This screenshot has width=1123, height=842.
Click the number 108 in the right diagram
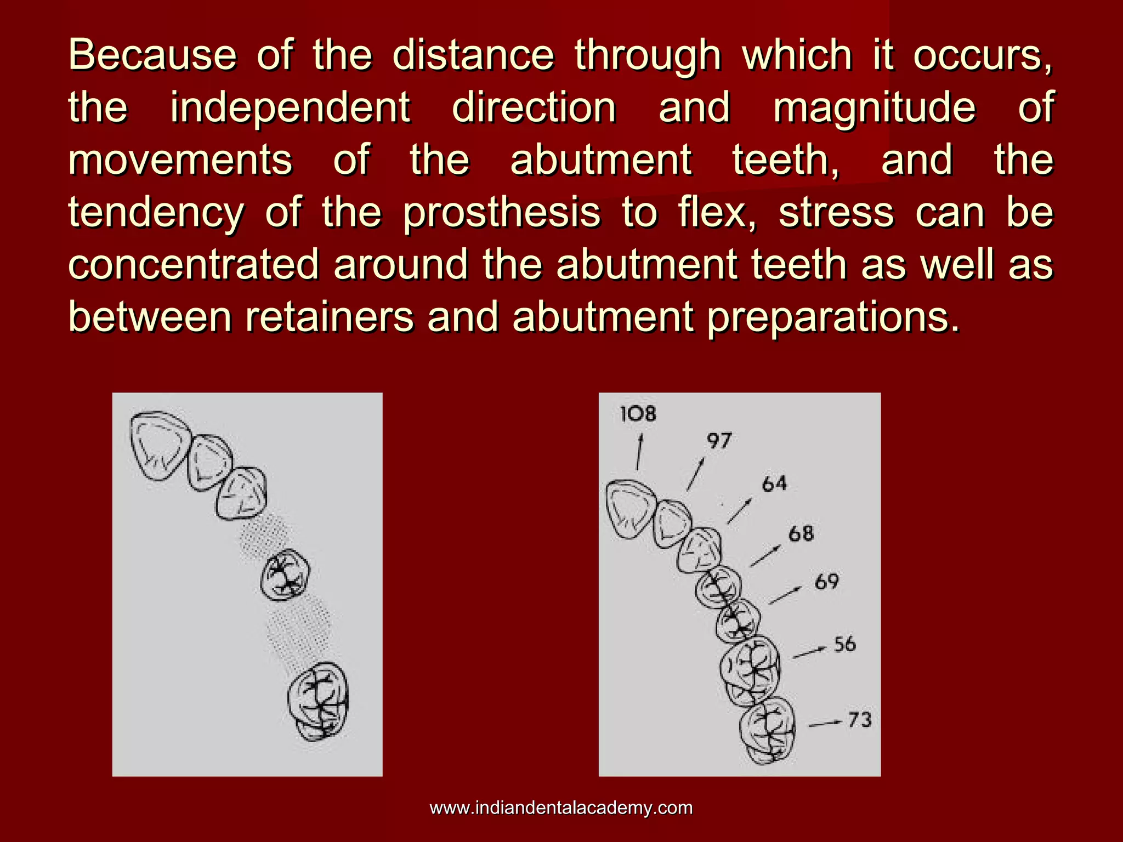[x=638, y=414]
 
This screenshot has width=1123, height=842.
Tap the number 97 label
[x=719, y=441]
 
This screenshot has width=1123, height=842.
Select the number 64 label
[x=774, y=484]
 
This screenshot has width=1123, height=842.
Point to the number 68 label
[x=801, y=533]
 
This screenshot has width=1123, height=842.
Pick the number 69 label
[x=827, y=582]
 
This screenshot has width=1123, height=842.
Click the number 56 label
[x=844, y=644]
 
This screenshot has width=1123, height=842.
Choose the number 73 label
[x=859, y=720]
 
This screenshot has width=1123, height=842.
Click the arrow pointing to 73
[x=825, y=724]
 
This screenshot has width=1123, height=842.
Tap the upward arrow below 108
[x=639, y=451]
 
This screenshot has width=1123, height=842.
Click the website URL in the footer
[x=561, y=808]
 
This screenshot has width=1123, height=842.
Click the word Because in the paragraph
[x=152, y=55]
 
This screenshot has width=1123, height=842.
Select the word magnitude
[x=874, y=107]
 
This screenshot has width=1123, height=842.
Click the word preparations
[x=833, y=317]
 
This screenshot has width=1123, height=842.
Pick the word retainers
[x=329, y=317]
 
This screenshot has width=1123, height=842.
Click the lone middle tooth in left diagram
[x=285, y=575]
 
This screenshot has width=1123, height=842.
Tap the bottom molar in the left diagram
[x=319, y=701]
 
